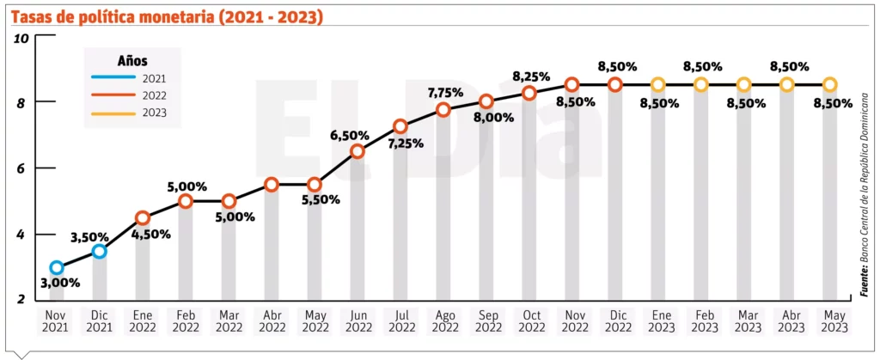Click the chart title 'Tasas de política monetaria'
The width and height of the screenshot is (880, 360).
(x=168, y=15)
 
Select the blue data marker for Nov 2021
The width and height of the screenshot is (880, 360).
(x=57, y=268)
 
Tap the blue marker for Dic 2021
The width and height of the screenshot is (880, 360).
(x=100, y=251)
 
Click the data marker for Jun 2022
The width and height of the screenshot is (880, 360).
(x=357, y=151)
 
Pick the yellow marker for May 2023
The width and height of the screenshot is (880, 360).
(x=829, y=84)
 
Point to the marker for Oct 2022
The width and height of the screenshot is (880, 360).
(x=529, y=93)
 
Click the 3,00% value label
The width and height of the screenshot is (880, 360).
(x=59, y=283)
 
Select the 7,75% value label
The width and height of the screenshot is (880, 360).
(x=445, y=92)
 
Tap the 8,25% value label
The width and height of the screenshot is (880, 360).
(x=530, y=76)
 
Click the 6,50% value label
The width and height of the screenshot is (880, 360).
(x=350, y=135)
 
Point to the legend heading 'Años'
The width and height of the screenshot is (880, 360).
(x=131, y=61)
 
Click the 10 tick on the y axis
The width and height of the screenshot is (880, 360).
(x=22, y=37)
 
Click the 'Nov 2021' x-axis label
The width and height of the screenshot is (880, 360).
(x=57, y=322)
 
